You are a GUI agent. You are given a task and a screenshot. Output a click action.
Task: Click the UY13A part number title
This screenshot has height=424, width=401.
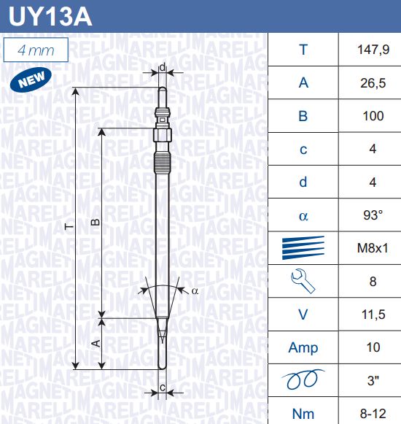[x=50, y=16]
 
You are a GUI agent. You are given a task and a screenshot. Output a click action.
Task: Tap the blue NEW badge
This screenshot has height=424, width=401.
[x=31, y=79]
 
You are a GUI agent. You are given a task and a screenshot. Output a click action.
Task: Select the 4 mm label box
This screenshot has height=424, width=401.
[x=36, y=50]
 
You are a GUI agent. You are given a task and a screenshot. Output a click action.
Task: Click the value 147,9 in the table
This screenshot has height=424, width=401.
[x=373, y=50]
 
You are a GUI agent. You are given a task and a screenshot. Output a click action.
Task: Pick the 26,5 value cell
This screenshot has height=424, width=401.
[x=373, y=83]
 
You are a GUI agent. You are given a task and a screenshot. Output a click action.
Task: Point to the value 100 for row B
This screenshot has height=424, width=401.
[x=373, y=116]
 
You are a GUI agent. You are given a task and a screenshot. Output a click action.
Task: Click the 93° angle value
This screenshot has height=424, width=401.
[x=373, y=215]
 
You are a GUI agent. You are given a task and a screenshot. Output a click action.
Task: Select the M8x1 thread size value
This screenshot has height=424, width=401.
[x=373, y=248]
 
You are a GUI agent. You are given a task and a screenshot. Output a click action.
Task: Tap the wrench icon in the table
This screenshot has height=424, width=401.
[x=303, y=281]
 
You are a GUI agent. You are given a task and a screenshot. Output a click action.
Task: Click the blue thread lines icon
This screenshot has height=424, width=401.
[x=303, y=247]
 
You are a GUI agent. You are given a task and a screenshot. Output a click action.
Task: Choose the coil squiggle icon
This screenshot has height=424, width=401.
[x=303, y=379]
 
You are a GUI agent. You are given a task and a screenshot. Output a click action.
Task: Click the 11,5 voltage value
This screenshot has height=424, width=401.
[x=373, y=315]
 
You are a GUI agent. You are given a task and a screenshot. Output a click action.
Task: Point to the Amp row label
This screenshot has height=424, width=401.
[x=303, y=348]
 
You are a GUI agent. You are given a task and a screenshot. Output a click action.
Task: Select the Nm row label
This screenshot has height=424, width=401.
[x=303, y=414]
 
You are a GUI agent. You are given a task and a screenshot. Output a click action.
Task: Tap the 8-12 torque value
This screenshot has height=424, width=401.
[x=373, y=414]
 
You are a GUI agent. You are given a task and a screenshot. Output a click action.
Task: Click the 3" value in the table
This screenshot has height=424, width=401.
[x=373, y=380]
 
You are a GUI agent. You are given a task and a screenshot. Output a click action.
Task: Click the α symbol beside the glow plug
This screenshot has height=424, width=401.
[x=195, y=291]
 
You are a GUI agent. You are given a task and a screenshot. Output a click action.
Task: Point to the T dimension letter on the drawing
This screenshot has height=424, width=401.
[x=69, y=227]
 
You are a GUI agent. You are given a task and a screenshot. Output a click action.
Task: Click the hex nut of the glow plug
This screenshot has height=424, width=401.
[x=163, y=135]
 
